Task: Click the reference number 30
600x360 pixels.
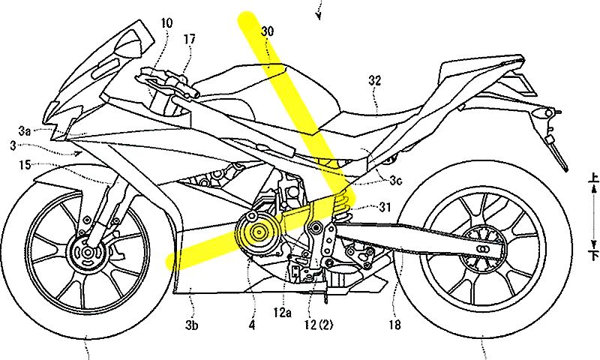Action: (268, 31)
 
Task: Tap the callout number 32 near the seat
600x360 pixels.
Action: (375, 80)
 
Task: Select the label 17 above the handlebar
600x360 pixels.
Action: (190, 39)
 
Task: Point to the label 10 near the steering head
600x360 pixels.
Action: (166, 23)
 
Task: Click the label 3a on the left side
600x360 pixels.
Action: (25, 131)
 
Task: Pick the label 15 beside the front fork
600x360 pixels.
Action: (25, 165)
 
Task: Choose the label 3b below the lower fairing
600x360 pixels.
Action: (192, 325)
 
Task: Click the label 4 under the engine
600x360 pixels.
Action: (251, 325)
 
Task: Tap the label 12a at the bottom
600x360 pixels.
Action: (283, 313)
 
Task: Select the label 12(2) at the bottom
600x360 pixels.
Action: (318, 325)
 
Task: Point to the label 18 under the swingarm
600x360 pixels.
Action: (395, 325)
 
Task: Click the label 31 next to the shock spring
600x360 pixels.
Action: (385, 207)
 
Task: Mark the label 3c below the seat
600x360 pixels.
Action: (396, 181)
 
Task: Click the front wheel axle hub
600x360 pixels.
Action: (88, 253)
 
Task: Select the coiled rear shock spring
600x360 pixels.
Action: (340, 205)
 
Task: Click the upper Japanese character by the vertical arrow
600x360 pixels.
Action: (594, 177)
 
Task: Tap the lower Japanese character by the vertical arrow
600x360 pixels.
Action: (594, 255)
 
